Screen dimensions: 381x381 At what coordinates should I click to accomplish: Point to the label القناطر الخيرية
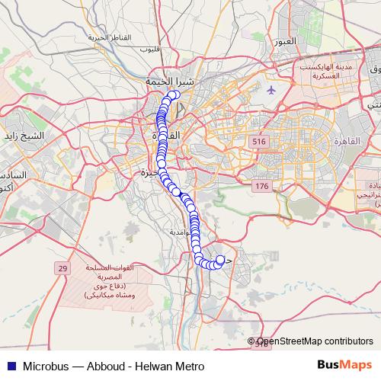105,37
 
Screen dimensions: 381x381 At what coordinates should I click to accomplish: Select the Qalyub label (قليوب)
150,50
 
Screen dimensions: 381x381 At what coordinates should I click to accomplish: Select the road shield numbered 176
262,187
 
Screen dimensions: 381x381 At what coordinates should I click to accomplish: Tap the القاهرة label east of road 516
348,142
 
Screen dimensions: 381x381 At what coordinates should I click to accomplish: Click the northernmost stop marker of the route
174,95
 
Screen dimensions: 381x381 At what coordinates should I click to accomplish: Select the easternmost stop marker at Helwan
221,260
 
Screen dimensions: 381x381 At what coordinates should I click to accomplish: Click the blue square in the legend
8,367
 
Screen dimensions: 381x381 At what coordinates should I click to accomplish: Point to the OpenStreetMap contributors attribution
315,342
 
